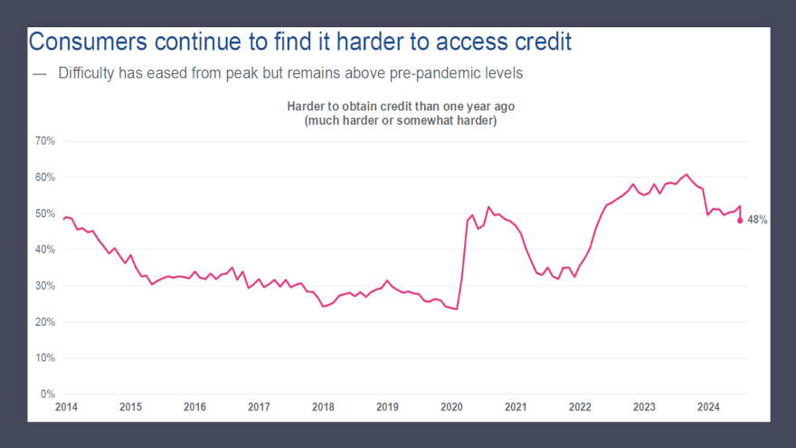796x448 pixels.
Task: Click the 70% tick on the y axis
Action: pyautogui.click(x=45, y=141)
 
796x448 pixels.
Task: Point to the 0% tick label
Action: pyautogui.click(x=48, y=395)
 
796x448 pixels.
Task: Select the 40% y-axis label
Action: pyautogui.click(x=45, y=250)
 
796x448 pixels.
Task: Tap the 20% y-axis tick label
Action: pyautogui.click(x=45, y=322)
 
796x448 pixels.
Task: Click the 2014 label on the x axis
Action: pyautogui.click(x=66, y=407)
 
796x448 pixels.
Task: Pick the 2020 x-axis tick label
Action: pyautogui.click(x=451, y=407)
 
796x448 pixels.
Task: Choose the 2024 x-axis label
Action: pyautogui.click(x=708, y=407)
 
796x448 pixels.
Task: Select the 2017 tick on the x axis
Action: pyautogui.click(x=259, y=407)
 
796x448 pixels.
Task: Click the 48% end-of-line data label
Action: pyautogui.click(x=757, y=220)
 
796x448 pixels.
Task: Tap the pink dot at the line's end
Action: pyautogui.click(x=740, y=220)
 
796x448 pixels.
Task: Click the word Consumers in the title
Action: pyautogui.click(x=88, y=42)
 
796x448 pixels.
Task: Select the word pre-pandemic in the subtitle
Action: pyautogui.click(x=438, y=73)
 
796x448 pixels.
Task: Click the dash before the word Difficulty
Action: pyautogui.click(x=38, y=73)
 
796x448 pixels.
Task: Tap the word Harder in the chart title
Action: pyautogui.click(x=308, y=107)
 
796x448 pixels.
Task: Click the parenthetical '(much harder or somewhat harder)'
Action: pyautogui.click(x=401, y=120)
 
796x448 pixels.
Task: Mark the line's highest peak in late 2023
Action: pyautogui.click(x=687, y=174)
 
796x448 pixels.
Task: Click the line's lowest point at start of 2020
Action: pyautogui.click(x=456, y=309)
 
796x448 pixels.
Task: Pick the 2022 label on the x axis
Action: pyautogui.click(x=580, y=407)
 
